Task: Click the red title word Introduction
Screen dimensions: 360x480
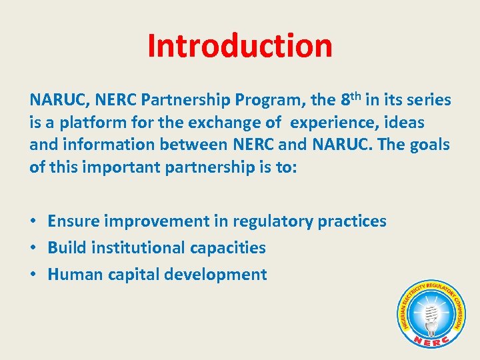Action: coord(239,45)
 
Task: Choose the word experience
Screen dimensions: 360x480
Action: coord(332,123)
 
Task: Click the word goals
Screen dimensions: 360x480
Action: coord(427,145)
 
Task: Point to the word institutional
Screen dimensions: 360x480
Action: coord(138,248)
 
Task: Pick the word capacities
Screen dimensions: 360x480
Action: coord(228,248)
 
